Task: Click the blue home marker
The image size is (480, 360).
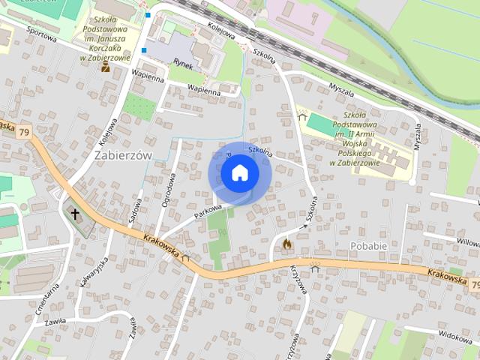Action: point(240,173)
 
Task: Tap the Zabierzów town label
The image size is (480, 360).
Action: point(124,154)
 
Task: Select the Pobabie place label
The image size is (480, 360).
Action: point(368,245)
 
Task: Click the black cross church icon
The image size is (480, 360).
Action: point(75,214)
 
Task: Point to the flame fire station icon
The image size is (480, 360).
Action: point(286,244)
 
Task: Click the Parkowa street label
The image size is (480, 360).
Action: point(208,211)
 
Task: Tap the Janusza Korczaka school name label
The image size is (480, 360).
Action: point(106,37)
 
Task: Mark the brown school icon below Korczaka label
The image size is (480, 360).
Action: point(106,67)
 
